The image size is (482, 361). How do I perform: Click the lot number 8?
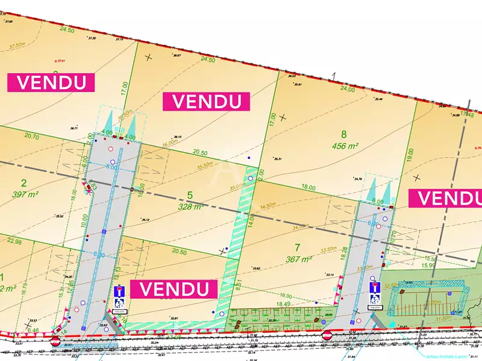344,135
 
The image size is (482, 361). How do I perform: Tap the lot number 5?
190,195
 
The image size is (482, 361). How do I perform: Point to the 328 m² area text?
190,206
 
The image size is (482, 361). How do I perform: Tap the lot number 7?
297,247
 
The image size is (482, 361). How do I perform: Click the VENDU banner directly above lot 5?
206,102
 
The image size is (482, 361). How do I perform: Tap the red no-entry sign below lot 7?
327,335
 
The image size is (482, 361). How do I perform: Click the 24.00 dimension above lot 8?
348,89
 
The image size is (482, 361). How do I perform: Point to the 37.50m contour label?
34,44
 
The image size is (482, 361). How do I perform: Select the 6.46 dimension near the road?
33,330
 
